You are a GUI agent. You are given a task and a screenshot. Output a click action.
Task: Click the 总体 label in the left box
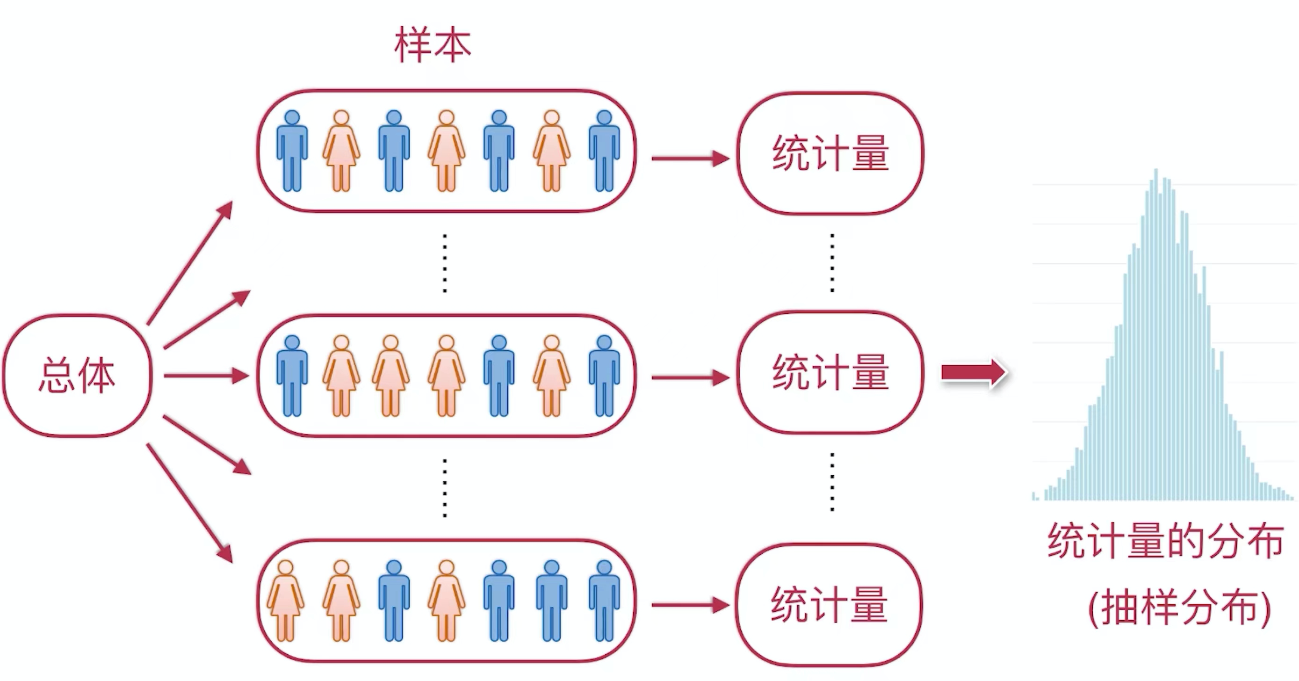(x=77, y=375)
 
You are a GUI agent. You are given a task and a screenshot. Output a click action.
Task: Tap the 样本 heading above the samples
(x=433, y=45)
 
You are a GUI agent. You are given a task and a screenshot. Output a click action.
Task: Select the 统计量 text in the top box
(x=830, y=153)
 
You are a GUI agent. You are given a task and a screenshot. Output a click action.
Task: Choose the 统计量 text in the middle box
(x=830, y=372)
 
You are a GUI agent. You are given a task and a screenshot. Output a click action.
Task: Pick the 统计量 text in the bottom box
(x=829, y=604)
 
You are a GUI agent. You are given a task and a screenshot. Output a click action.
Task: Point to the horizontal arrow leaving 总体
(x=207, y=376)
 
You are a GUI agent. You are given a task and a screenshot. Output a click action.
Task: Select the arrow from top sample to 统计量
(x=691, y=159)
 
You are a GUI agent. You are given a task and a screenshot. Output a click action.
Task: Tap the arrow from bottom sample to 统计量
(x=691, y=605)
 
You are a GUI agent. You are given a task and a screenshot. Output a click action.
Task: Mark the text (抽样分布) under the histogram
(x=1179, y=609)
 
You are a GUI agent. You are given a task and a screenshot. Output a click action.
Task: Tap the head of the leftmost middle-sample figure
(x=292, y=343)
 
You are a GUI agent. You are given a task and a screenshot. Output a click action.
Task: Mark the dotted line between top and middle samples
(x=444, y=263)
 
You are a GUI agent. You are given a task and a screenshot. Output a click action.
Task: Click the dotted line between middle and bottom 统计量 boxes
(x=832, y=482)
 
